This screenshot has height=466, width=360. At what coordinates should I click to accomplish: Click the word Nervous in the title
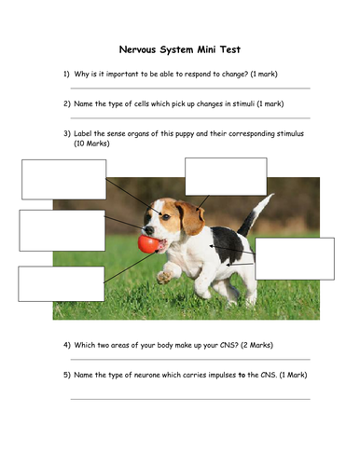point(137,49)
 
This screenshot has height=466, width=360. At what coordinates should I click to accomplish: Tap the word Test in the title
point(230,49)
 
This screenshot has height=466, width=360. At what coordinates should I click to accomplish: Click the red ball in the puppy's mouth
point(148,244)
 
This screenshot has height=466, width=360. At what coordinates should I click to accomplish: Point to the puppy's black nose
point(149,230)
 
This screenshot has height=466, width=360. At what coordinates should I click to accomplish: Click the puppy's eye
point(166,217)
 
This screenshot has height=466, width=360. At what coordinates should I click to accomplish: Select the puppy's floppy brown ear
point(190,218)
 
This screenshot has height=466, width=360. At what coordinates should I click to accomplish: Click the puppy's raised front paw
point(164,277)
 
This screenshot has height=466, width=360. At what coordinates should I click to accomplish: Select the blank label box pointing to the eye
point(64,180)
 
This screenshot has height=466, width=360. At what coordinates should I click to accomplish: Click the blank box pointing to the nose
point(62,230)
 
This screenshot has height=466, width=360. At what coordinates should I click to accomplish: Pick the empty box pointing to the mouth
point(62,283)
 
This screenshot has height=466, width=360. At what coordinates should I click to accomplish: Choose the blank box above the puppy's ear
point(226,176)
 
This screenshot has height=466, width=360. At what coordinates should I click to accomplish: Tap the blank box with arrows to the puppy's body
point(295,259)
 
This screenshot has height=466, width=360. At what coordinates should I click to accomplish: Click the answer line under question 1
point(190,89)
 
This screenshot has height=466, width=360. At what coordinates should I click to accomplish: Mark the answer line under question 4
point(190,360)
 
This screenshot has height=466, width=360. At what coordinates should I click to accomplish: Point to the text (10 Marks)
point(91,144)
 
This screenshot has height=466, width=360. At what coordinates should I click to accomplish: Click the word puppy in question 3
point(185,134)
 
